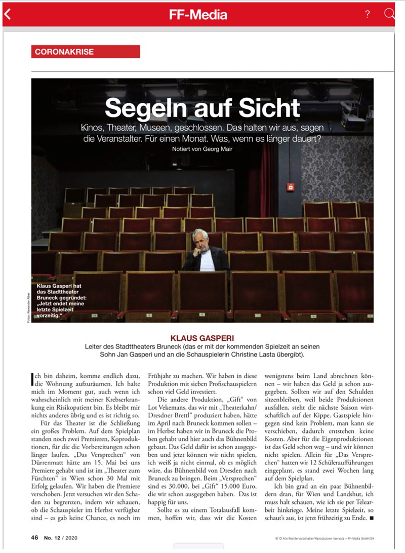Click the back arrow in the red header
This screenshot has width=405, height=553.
(x=7, y=14)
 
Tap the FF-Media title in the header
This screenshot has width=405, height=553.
(x=198, y=15)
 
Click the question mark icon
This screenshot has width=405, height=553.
(x=368, y=14)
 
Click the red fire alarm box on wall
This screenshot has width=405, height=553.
(x=290, y=187)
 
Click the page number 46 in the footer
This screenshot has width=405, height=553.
(x=34, y=537)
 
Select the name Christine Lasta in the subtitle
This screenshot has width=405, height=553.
(x=271, y=354)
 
